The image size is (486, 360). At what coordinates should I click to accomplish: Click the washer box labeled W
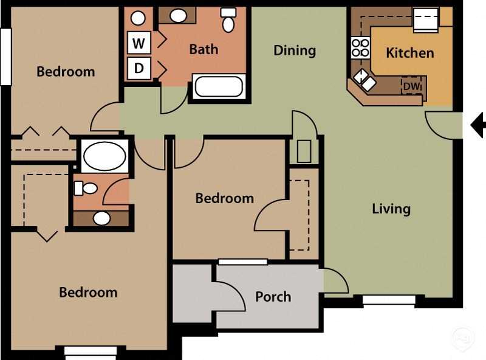(x=139, y=43)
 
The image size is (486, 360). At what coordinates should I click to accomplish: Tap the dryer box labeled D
(x=139, y=68)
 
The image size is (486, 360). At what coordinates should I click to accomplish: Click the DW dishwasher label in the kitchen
(x=412, y=87)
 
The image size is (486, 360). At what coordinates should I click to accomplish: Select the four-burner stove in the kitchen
(x=361, y=48)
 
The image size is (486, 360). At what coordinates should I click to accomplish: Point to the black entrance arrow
(x=478, y=125)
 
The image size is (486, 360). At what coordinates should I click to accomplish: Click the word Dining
(x=295, y=50)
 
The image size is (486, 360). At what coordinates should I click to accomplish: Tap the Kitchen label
(x=410, y=53)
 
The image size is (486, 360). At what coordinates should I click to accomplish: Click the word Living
(x=391, y=209)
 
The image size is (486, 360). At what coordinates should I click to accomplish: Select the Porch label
(x=273, y=297)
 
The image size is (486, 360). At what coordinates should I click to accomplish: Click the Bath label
(x=204, y=49)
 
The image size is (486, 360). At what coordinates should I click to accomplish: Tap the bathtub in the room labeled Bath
(x=219, y=87)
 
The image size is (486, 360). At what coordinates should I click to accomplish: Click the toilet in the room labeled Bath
(x=228, y=21)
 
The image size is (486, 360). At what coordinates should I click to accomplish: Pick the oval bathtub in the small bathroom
(x=104, y=156)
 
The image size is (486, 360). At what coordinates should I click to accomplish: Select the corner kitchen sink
(x=365, y=80)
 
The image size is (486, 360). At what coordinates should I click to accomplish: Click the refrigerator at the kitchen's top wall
(x=425, y=19)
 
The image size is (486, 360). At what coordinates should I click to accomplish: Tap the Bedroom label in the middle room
(x=224, y=198)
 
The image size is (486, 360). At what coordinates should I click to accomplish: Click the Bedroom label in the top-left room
(x=66, y=72)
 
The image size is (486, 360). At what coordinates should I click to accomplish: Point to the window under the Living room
(x=389, y=300)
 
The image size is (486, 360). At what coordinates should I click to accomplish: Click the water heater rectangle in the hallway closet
(x=304, y=151)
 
